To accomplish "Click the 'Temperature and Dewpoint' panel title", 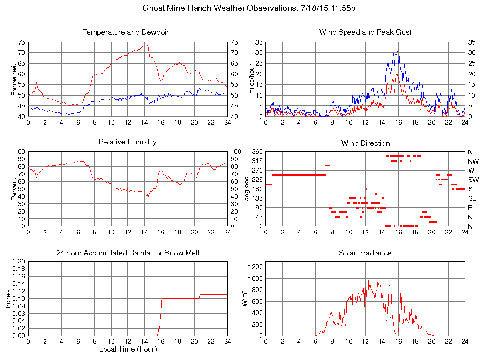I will tap(127, 32).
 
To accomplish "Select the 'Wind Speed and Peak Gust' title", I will tap(365, 32).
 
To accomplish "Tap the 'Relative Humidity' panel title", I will tap(127, 142).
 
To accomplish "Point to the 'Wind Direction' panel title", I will tap(365, 143).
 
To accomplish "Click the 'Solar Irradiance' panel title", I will tap(365, 253).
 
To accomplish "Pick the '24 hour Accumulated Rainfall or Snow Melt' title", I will tap(127, 253).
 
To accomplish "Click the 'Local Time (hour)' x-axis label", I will tap(127, 349).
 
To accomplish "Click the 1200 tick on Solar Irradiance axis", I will tap(258, 267).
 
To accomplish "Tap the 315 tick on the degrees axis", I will tap(257, 161).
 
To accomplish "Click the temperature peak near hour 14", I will tap(145, 45).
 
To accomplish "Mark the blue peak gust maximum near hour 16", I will tap(398, 51).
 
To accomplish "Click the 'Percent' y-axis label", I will tap(14, 189).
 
